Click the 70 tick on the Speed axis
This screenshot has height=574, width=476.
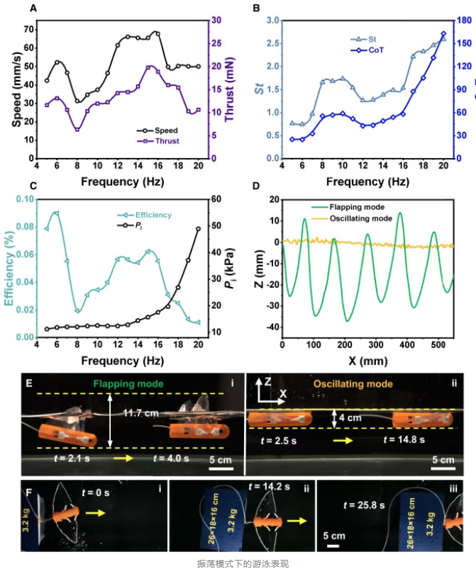point(26,30)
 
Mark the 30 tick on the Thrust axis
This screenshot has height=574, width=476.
point(214,21)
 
